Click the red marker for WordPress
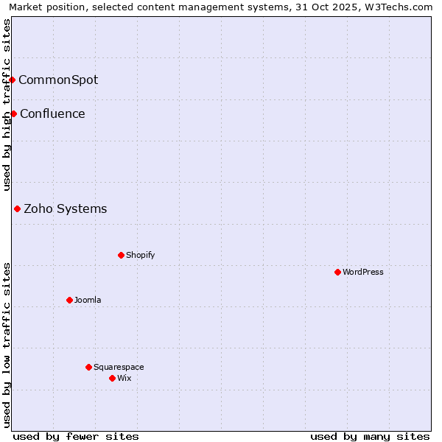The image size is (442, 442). (337, 272)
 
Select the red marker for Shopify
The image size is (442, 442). (121, 255)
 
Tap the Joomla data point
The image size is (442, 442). (69, 300)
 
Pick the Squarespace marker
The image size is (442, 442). (88, 367)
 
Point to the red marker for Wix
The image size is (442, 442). (112, 378)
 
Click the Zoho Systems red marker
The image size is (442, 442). (17, 208)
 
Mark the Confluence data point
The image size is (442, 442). (13, 113)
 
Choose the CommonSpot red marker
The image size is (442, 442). (12, 80)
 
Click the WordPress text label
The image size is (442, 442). (363, 272)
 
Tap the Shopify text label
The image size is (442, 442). (140, 255)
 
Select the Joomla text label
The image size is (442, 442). (88, 300)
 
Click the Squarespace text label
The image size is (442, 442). (119, 367)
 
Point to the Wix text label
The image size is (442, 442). (124, 378)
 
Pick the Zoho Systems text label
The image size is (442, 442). (66, 208)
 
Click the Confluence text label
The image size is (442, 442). (52, 113)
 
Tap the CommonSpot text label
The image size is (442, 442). (58, 80)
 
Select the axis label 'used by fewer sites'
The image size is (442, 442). (76, 436)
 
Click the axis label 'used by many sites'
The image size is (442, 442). (370, 436)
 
